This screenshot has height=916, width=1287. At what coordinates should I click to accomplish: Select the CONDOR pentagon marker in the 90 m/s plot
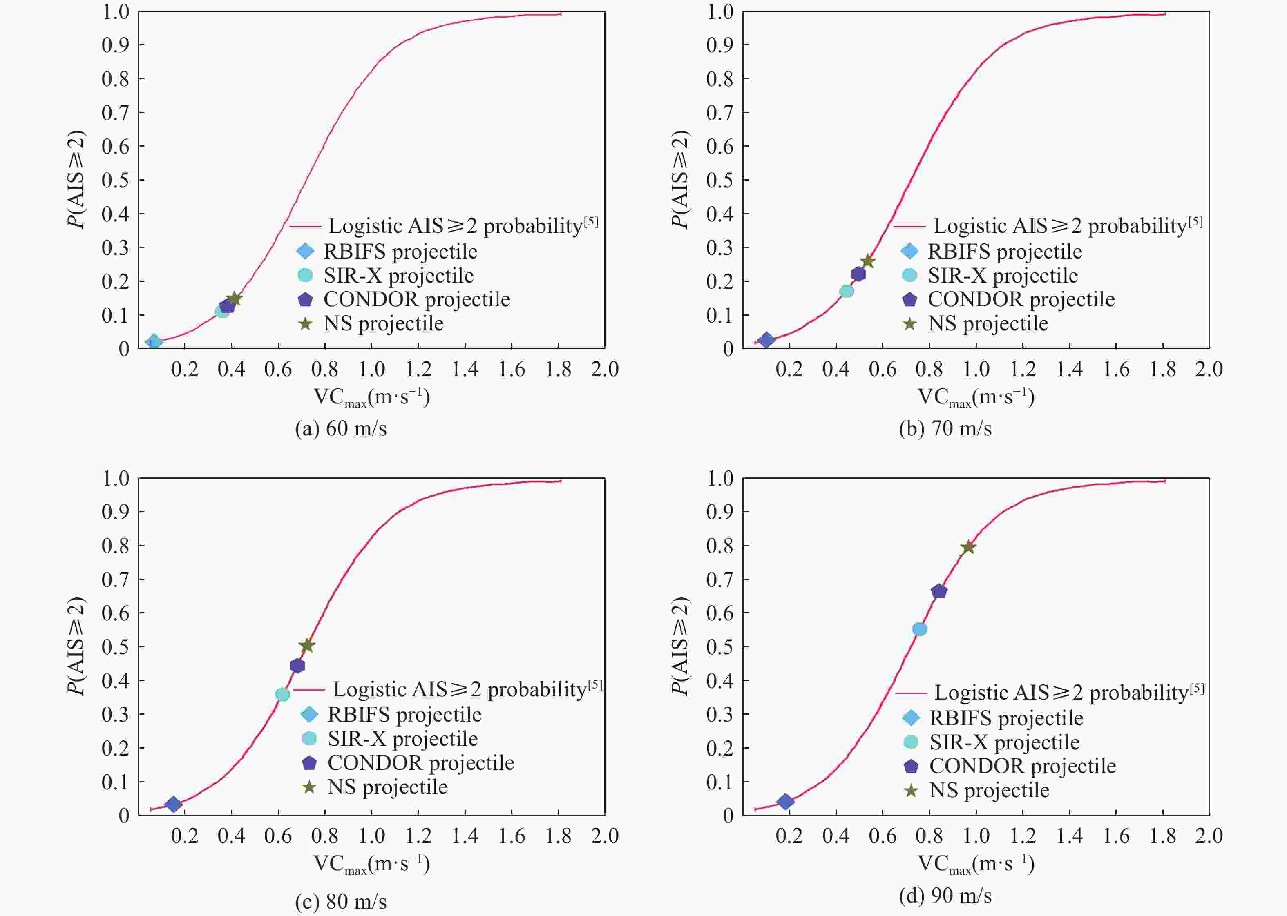click(x=939, y=591)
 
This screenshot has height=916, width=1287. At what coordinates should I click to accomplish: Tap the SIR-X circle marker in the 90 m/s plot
click(x=920, y=629)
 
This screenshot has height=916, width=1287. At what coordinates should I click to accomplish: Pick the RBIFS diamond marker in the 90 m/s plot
click(x=785, y=802)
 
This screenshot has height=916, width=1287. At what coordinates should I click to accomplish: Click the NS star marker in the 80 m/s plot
click(x=306, y=645)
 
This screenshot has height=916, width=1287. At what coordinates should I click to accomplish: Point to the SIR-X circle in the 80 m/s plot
click(x=282, y=694)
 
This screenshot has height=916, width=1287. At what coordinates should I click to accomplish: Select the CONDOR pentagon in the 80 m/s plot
click(x=297, y=666)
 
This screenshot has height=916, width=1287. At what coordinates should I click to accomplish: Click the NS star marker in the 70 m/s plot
click(x=868, y=261)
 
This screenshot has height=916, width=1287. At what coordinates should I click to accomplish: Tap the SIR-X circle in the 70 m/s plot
click(x=846, y=291)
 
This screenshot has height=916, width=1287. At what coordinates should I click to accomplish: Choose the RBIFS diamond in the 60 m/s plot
click(x=154, y=342)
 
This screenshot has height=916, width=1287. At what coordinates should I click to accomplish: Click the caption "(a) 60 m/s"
click(x=341, y=429)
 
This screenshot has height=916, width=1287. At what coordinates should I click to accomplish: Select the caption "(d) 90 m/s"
click(x=945, y=895)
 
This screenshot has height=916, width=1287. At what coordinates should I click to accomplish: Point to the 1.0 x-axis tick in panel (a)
click(x=371, y=370)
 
